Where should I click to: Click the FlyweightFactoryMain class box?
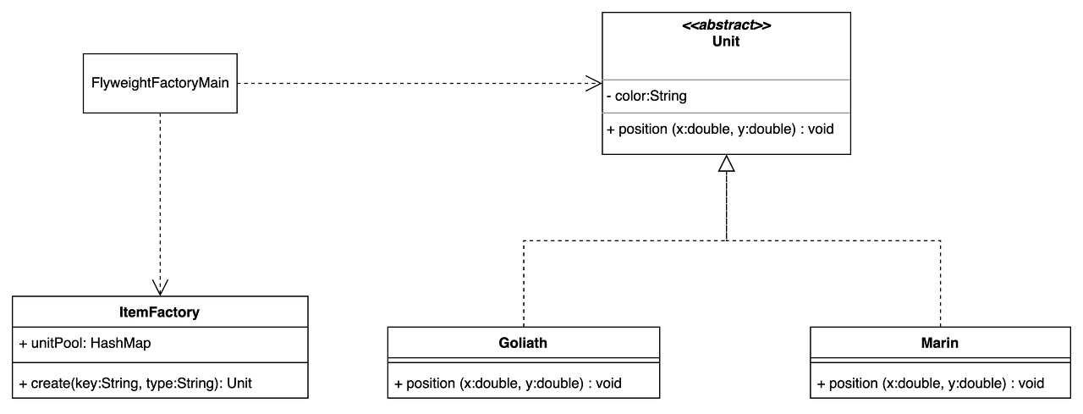(x=160, y=84)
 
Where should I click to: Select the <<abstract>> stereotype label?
(x=726, y=25)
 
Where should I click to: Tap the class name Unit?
(x=726, y=41)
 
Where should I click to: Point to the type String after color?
(x=669, y=97)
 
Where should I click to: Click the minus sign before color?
(x=609, y=97)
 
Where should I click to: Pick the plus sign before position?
(x=611, y=130)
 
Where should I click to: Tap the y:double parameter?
(x=765, y=130)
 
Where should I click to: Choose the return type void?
(x=820, y=130)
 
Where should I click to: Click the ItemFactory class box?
(x=159, y=312)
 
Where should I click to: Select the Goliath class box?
(x=524, y=343)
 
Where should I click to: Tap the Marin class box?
(x=940, y=343)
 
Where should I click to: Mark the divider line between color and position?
(x=726, y=113)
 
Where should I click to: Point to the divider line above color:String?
(x=726, y=80)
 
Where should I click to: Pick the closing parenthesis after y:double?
(x=792, y=130)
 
